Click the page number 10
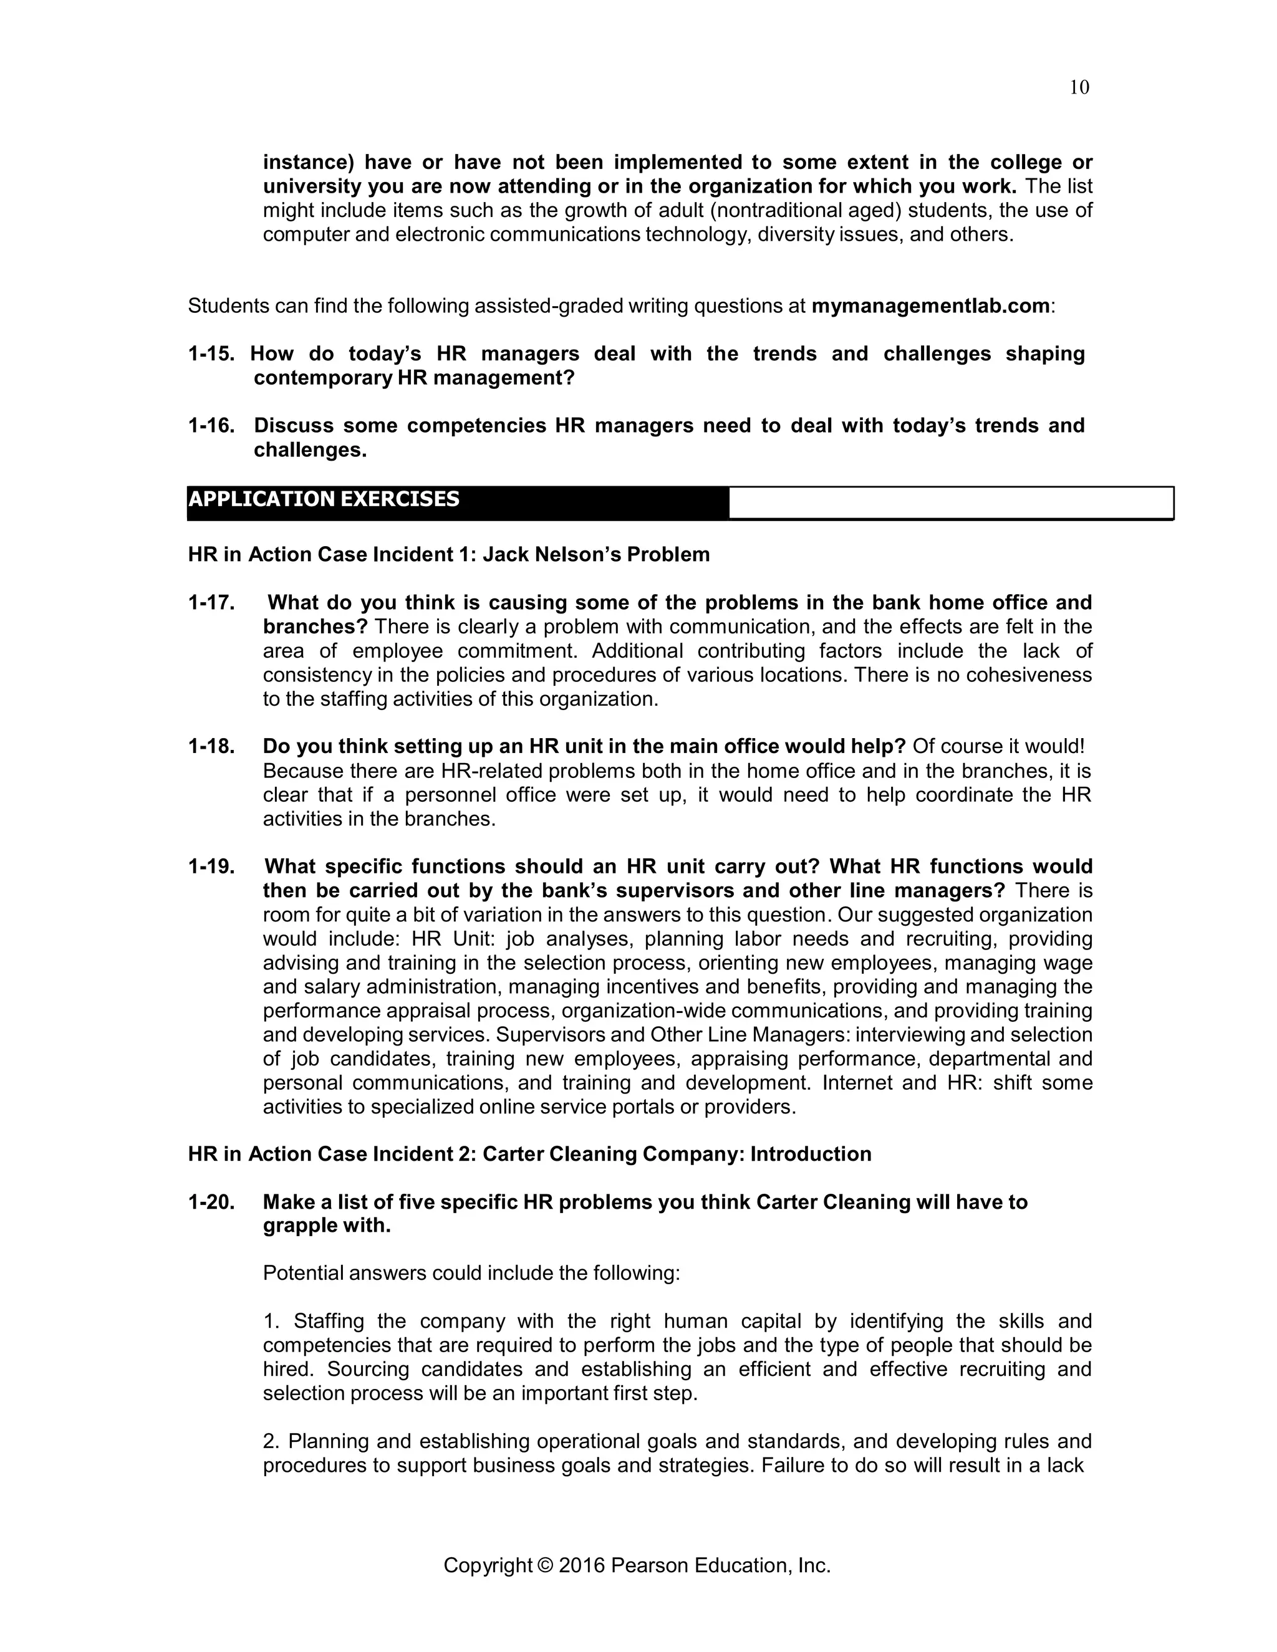point(1079,88)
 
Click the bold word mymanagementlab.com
point(930,305)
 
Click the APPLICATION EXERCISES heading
point(324,499)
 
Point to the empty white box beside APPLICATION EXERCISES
point(950,503)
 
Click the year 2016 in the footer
point(582,1565)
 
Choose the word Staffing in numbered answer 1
point(329,1322)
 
